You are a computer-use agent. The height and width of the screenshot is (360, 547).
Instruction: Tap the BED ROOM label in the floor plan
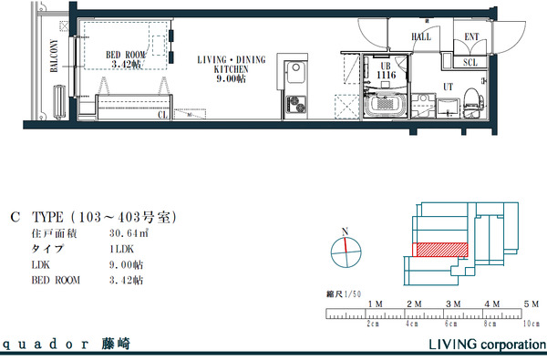point(126,59)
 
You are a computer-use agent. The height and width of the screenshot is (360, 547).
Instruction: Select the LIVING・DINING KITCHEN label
point(232,68)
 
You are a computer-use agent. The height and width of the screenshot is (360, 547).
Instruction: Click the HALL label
point(421,37)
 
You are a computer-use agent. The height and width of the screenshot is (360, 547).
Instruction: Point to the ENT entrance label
point(471,37)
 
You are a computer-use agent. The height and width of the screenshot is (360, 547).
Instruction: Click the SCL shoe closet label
point(470,63)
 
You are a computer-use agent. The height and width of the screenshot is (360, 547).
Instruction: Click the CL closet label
point(162,116)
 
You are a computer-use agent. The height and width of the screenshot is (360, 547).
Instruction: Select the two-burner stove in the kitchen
point(296,104)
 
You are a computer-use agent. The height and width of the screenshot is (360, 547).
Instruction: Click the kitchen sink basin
point(295,72)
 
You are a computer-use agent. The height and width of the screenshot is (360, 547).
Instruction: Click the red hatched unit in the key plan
point(441,249)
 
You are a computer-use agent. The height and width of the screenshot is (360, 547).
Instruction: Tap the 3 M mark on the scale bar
point(452,303)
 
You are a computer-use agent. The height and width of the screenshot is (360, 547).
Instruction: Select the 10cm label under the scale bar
point(530,324)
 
